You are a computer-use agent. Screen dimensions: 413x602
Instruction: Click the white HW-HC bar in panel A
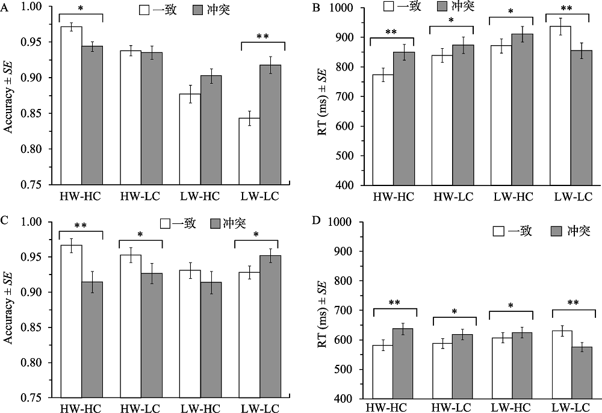point(70,105)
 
